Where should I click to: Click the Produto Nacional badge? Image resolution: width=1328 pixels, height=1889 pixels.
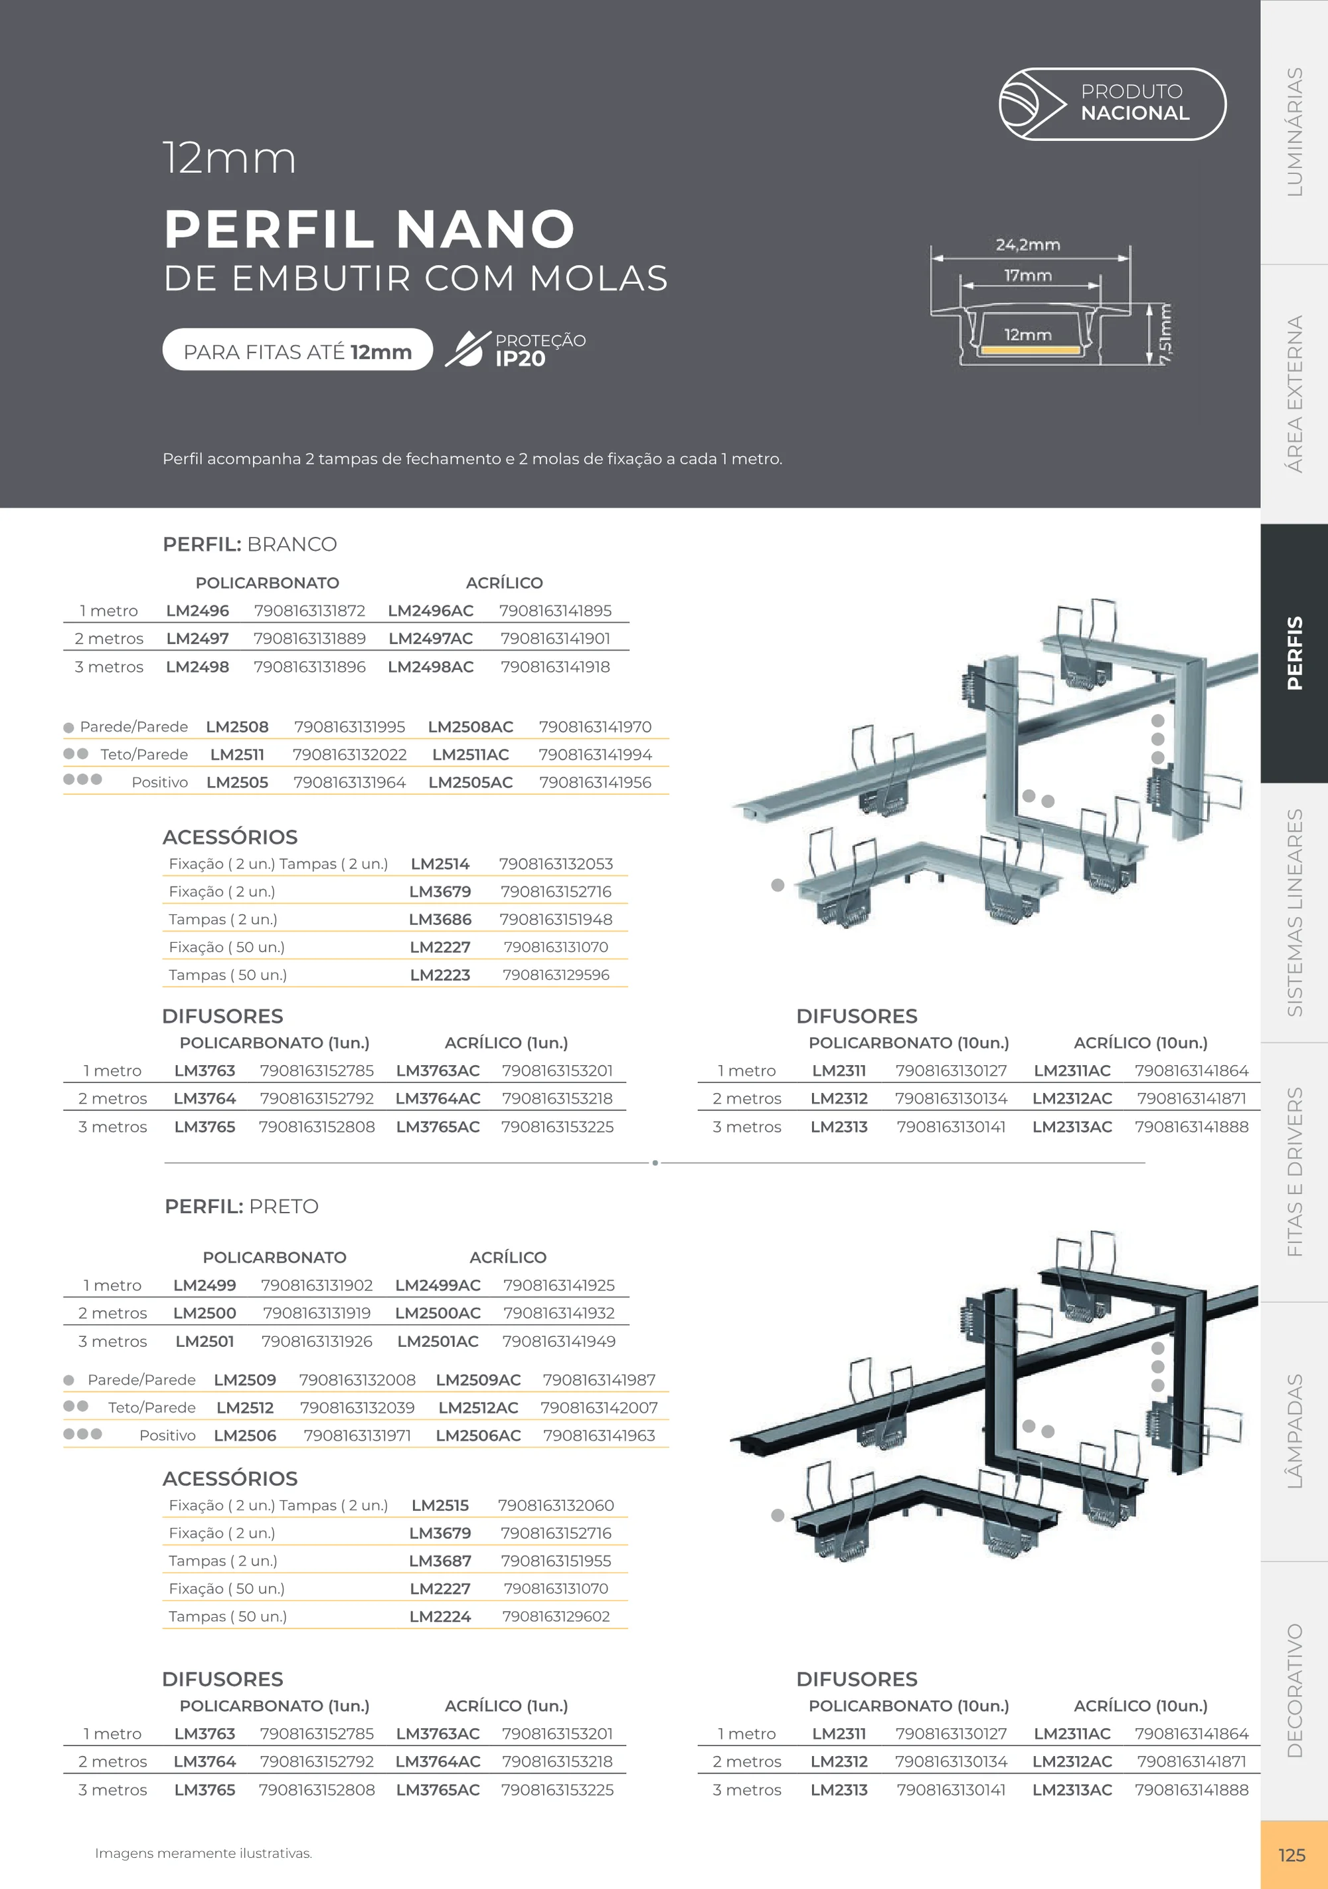(x=1112, y=104)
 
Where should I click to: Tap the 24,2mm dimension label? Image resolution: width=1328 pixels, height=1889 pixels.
(x=1028, y=245)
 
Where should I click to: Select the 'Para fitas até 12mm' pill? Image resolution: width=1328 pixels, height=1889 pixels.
(x=297, y=349)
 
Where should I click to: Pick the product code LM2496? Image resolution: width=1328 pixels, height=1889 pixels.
(x=197, y=611)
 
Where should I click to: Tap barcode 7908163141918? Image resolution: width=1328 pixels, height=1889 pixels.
(x=555, y=666)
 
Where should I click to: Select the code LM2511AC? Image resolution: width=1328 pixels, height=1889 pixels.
(x=470, y=754)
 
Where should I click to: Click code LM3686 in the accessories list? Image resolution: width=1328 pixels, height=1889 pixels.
(x=440, y=919)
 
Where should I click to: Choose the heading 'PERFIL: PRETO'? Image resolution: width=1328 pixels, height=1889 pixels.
(x=242, y=1206)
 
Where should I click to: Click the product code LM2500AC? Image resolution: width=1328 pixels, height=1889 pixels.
(x=438, y=1313)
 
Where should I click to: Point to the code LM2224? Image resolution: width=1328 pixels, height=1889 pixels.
(x=440, y=1617)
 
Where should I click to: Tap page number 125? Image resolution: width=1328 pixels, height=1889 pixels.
(x=1292, y=1855)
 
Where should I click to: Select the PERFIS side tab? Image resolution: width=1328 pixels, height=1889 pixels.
(x=1294, y=652)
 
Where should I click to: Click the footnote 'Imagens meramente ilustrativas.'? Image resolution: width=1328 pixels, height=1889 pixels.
(x=203, y=1854)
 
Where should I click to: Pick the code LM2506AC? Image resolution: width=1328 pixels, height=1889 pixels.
(x=478, y=1436)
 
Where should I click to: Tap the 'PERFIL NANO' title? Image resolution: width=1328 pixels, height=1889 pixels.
(x=369, y=229)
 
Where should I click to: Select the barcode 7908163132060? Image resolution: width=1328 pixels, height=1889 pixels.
(x=556, y=1506)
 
